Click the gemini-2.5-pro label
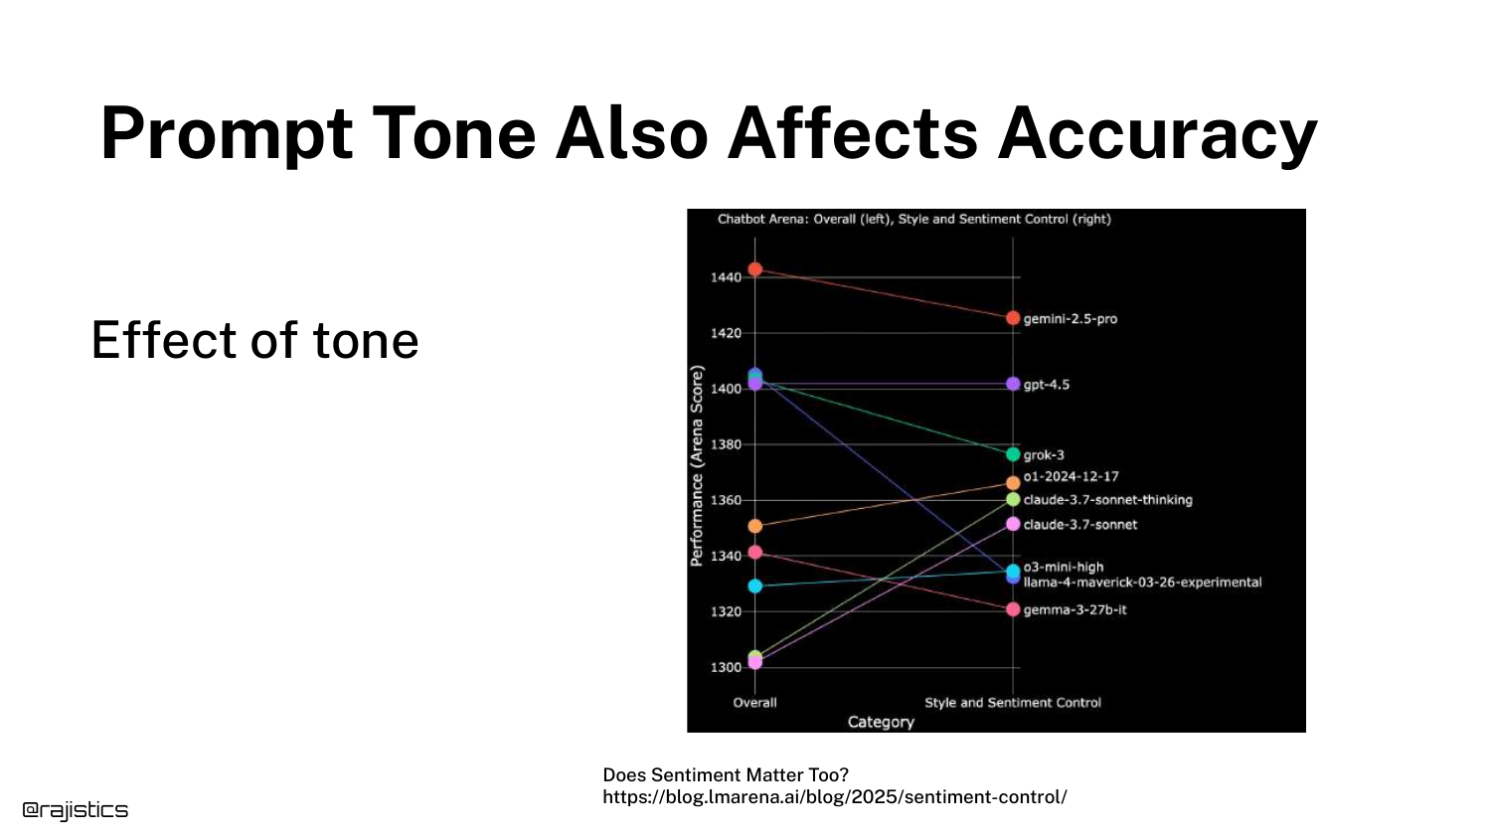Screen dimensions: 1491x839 pos(1071,319)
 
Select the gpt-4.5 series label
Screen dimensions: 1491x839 pos(1047,385)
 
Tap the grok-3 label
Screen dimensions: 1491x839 pos(1044,455)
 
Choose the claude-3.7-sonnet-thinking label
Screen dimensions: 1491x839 pos(1107,500)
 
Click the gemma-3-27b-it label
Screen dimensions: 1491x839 pos(1075,610)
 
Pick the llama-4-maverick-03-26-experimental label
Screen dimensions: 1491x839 pos(1142,583)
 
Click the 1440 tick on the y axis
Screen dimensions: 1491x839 pos(727,277)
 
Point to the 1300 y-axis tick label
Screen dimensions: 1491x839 pos(727,668)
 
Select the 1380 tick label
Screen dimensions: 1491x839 pos(727,444)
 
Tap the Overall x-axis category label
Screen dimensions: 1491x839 pos(754,703)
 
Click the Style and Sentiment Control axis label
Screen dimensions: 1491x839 pos(1013,703)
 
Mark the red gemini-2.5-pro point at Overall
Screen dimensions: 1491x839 pos(754,269)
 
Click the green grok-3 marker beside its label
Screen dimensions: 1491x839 pos(1013,455)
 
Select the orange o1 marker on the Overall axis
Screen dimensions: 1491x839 pos(754,527)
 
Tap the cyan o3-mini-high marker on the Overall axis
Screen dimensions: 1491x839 pos(754,587)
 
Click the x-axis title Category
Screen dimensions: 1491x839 pos(881,723)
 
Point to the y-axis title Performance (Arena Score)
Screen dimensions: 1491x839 pos(697,465)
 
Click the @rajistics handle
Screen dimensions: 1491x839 pos(76,810)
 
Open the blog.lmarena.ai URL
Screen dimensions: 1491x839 pos(835,797)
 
